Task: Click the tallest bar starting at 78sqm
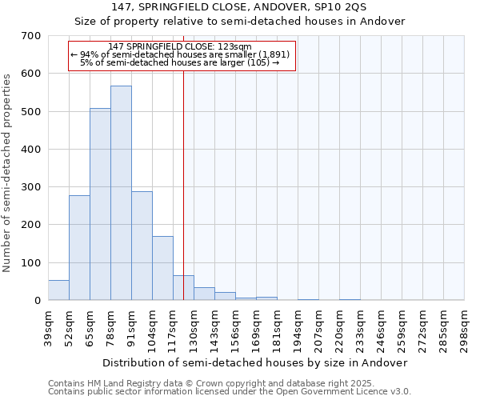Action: tap(121, 193)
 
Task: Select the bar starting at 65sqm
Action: tap(100, 204)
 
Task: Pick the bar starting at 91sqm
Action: tap(142, 246)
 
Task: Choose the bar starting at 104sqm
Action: tap(162, 268)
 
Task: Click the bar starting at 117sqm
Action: tap(183, 288)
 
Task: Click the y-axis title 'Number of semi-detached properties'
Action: tap(9, 173)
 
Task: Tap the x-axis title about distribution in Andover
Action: tap(255, 362)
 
